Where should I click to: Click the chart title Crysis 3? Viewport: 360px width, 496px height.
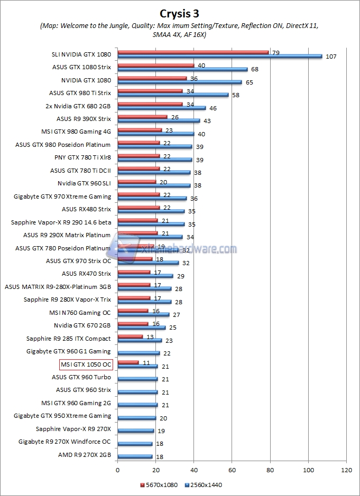(180, 12)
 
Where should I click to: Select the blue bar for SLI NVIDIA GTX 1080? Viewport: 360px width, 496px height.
(219, 56)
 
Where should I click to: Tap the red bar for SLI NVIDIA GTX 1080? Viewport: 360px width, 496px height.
(193, 52)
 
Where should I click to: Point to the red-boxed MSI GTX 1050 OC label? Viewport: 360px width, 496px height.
(86, 364)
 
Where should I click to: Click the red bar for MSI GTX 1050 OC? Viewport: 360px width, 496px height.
(128, 362)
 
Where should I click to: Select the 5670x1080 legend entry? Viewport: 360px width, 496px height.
(159, 485)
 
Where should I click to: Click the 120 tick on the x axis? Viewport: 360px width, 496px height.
(346, 470)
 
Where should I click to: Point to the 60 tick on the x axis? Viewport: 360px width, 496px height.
(232, 470)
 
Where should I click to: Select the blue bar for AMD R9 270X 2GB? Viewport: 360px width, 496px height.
(135, 456)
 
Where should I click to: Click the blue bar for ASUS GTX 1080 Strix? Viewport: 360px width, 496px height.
(182, 69)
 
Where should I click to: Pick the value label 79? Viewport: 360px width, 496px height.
(275, 52)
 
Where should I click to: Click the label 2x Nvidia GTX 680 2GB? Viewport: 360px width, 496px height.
(79, 106)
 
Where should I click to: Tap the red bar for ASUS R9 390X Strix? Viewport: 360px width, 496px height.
(142, 117)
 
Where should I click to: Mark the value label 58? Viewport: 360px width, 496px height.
(236, 95)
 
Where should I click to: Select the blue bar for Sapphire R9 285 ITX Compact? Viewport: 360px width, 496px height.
(140, 341)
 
